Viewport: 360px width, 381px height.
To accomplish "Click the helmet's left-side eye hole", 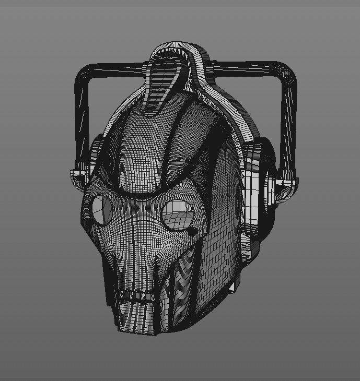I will pyautogui.click(x=101, y=209).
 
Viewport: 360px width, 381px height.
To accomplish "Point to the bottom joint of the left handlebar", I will pyautogui.click(x=78, y=174).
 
